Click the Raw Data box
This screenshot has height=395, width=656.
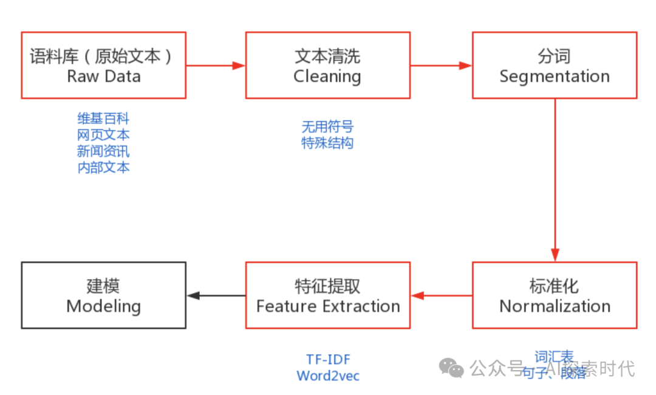click(103, 66)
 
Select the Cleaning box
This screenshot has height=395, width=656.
click(327, 66)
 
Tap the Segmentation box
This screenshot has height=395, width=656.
click(555, 66)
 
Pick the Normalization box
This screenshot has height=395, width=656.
click(555, 295)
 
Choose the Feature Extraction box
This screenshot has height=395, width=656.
click(327, 295)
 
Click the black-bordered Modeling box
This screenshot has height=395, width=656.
click(103, 295)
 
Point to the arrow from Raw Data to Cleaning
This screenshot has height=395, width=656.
click(216, 65)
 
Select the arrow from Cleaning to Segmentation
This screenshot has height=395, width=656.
click(441, 65)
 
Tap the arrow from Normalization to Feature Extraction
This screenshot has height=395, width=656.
click(441, 296)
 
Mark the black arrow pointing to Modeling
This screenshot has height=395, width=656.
click(216, 296)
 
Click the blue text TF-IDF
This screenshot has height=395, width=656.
click(328, 360)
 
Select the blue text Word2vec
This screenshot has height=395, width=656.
click(328, 376)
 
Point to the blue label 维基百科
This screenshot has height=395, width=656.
click(103, 118)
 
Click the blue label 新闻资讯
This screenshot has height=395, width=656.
click(103, 151)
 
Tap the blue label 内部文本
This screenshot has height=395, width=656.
click(103, 167)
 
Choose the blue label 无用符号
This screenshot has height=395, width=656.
click(327, 126)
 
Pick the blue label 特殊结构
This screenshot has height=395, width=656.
click(327, 143)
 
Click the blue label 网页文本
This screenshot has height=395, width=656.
click(103, 134)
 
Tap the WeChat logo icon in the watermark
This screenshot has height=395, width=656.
click(453, 368)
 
